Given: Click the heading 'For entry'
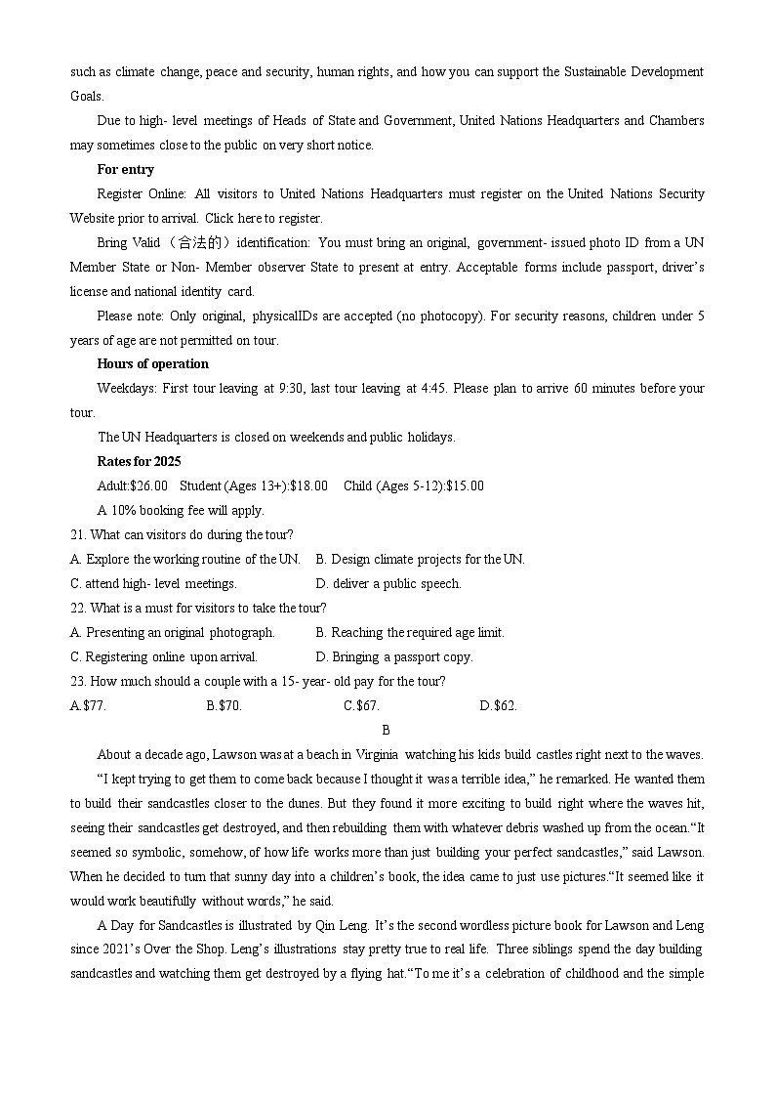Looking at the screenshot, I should (x=125, y=169).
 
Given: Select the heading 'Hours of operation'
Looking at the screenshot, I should (x=152, y=363).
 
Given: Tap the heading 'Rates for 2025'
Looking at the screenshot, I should (x=139, y=461).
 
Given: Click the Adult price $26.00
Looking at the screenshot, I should (x=148, y=485).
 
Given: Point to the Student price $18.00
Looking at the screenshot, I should (x=307, y=485).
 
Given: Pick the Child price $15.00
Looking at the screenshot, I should (x=465, y=485).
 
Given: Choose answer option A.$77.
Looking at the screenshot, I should (x=88, y=705).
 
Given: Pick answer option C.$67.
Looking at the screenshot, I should (x=361, y=705).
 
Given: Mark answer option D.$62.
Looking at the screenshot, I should (x=498, y=705).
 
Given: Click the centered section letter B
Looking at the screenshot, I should (x=386, y=730).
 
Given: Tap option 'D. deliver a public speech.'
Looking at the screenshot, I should (x=388, y=583).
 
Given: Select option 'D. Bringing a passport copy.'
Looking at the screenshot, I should (x=394, y=656).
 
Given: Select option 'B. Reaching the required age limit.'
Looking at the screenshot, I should (x=410, y=632).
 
